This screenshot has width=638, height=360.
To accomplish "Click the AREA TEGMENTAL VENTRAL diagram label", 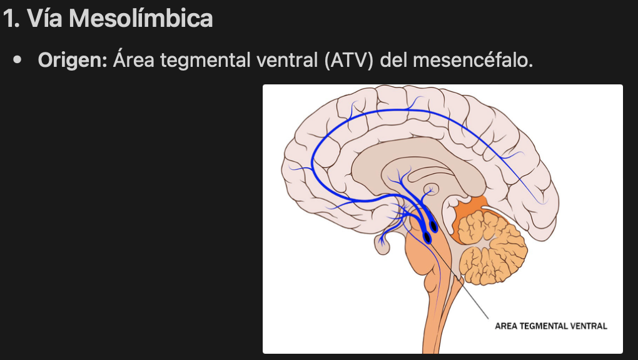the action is [x=550, y=326].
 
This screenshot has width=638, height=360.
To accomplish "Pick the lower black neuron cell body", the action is [x=427, y=237].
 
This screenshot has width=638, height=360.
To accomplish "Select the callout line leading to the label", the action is [x=463, y=281].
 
